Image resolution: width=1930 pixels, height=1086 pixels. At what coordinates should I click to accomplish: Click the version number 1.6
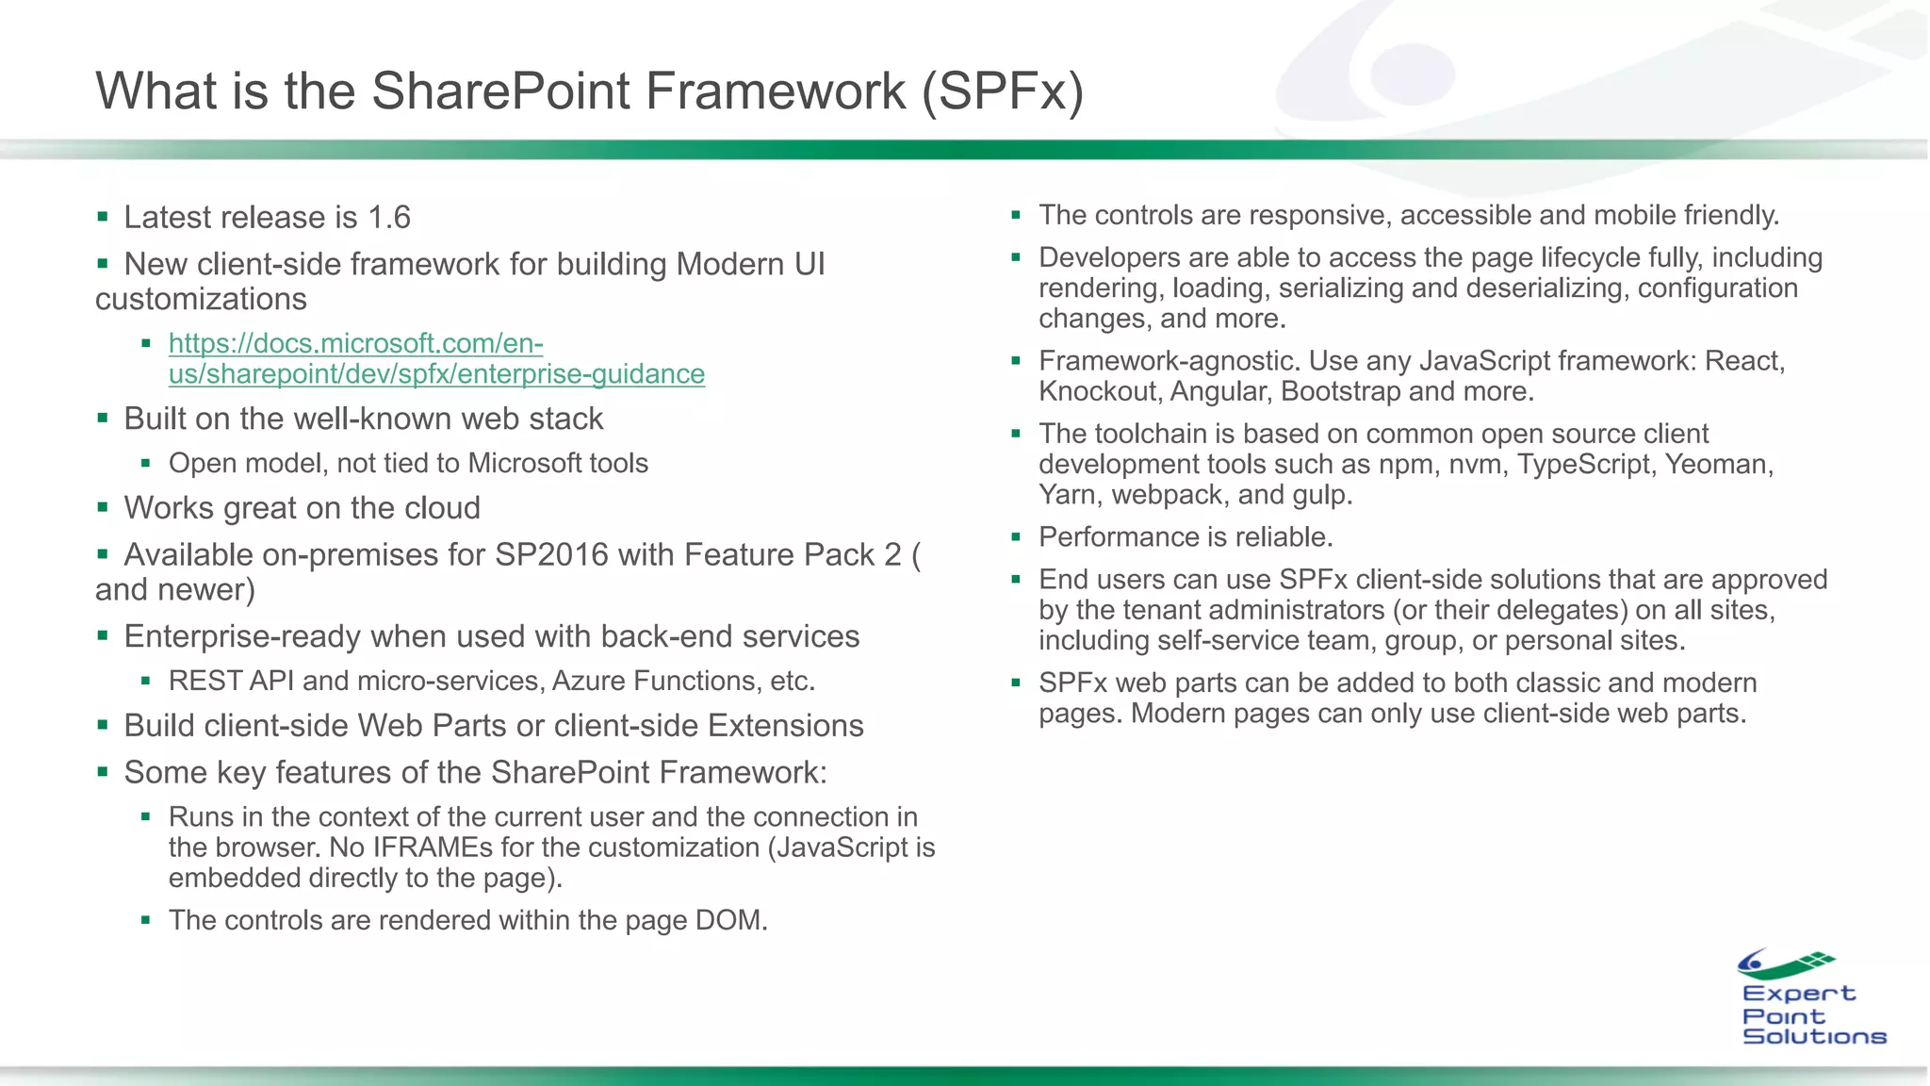[x=388, y=218]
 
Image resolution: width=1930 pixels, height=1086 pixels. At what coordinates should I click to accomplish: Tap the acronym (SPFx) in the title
[x=1003, y=91]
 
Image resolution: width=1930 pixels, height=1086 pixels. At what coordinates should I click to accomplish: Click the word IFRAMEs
[x=433, y=847]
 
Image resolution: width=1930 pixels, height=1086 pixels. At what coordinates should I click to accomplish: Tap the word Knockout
[x=1098, y=391]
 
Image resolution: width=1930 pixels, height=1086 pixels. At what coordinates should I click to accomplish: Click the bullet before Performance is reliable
[x=1016, y=537]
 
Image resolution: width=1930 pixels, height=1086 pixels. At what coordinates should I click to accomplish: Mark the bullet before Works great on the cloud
[x=103, y=508]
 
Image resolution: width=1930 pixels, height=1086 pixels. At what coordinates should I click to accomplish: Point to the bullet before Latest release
[x=103, y=218]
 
